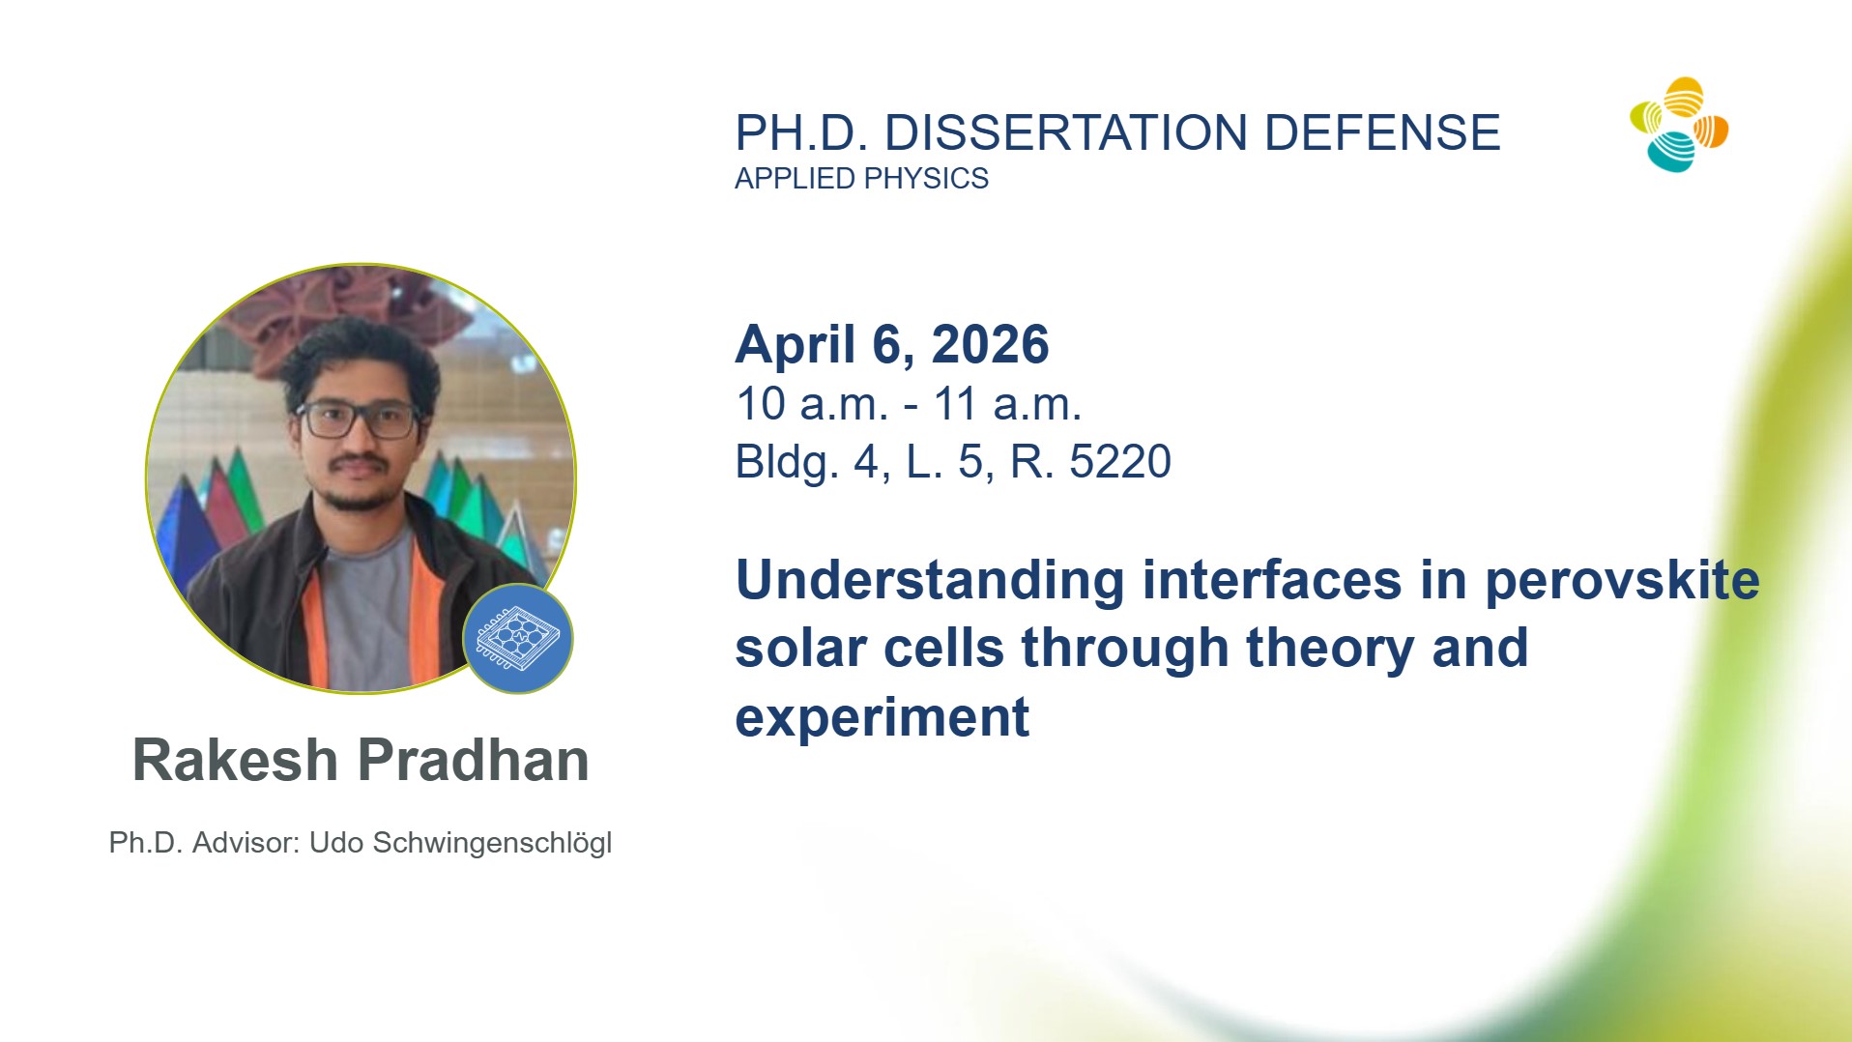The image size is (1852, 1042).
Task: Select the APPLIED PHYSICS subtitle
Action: (861, 179)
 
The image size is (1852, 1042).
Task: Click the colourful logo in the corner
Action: (1679, 125)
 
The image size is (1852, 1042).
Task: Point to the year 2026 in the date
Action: (990, 344)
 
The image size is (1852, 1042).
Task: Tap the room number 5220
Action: (1120, 462)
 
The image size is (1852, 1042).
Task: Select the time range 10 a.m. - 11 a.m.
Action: (909, 404)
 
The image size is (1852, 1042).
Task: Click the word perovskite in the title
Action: (1622, 581)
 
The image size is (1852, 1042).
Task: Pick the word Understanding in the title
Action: (930, 581)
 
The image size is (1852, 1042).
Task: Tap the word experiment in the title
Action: (883, 718)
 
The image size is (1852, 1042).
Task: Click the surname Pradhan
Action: (474, 760)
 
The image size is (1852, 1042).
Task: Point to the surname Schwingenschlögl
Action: (492, 844)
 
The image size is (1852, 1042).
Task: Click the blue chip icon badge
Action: (518, 639)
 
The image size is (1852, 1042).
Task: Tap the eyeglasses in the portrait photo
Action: (357, 420)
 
